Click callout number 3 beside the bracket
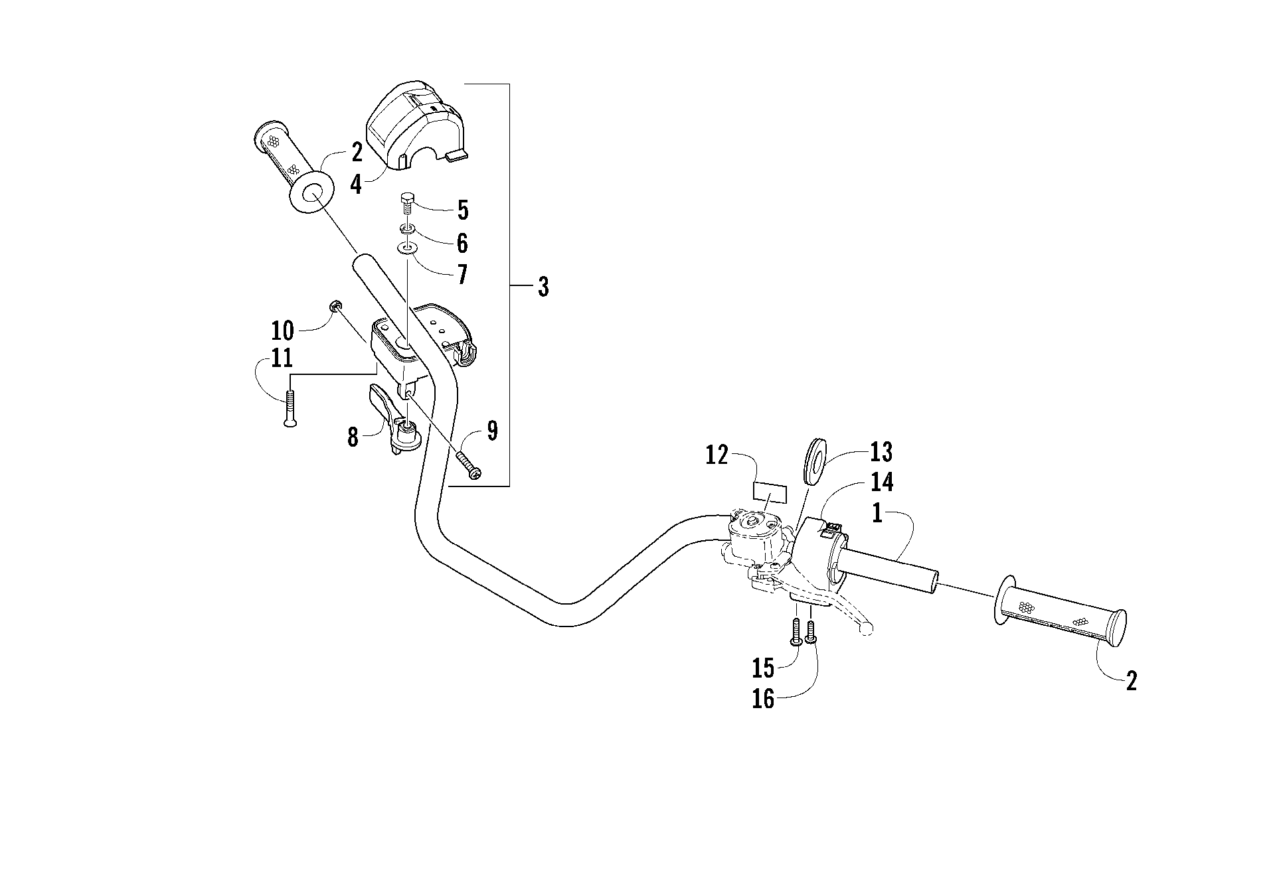click(543, 287)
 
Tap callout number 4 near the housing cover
click(357, 184)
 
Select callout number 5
click(463, 210)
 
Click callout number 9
click(491, 431)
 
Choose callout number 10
click(282, 331)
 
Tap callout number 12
click(717, 457)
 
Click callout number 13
click(881, 453)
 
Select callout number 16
click(764, 699)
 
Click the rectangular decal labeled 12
click(769, 494)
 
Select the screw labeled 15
click(796, 631)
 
